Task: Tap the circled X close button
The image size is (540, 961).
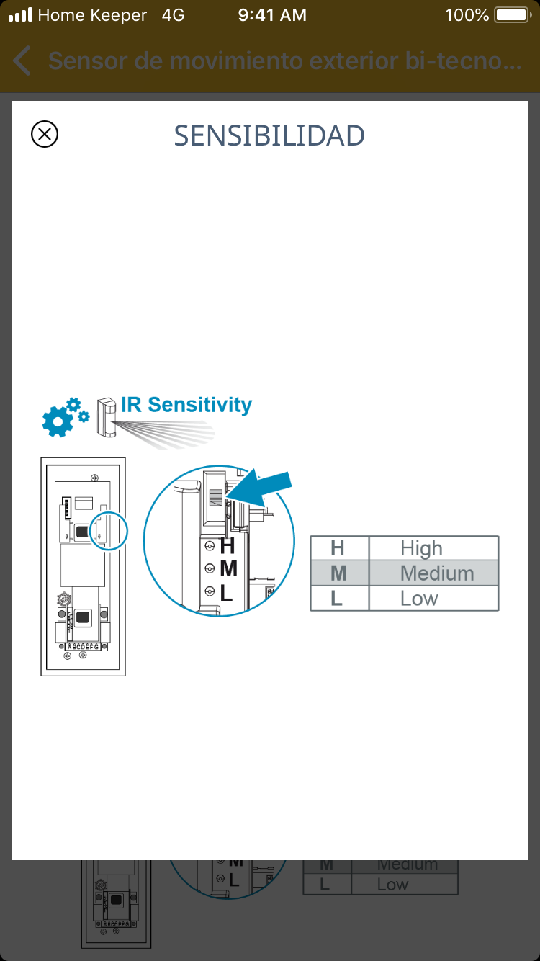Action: [45, 134]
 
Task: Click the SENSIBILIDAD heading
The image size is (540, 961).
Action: [269, 135]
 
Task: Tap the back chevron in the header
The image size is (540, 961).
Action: [22, 61]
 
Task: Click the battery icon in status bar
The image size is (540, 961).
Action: [512, 15]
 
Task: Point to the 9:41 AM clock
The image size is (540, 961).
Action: [272, 15]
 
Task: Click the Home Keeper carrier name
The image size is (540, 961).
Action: [92, 15]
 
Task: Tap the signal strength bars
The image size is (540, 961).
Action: [20, 15]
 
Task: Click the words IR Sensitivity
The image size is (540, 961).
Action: [186, 405]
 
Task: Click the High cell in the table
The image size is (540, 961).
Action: [421, 549]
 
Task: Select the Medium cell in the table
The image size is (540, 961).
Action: [437, 573]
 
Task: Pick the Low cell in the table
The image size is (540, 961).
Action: [419, 599]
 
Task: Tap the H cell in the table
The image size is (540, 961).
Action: [337, 549]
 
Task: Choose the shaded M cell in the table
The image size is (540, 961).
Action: [338, 573]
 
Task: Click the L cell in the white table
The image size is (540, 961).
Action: [336, 599]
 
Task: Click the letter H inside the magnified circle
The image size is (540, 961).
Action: [228, 545]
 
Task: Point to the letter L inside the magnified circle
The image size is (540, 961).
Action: [227, 594]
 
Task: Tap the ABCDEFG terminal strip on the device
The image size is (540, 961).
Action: [83, 647]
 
